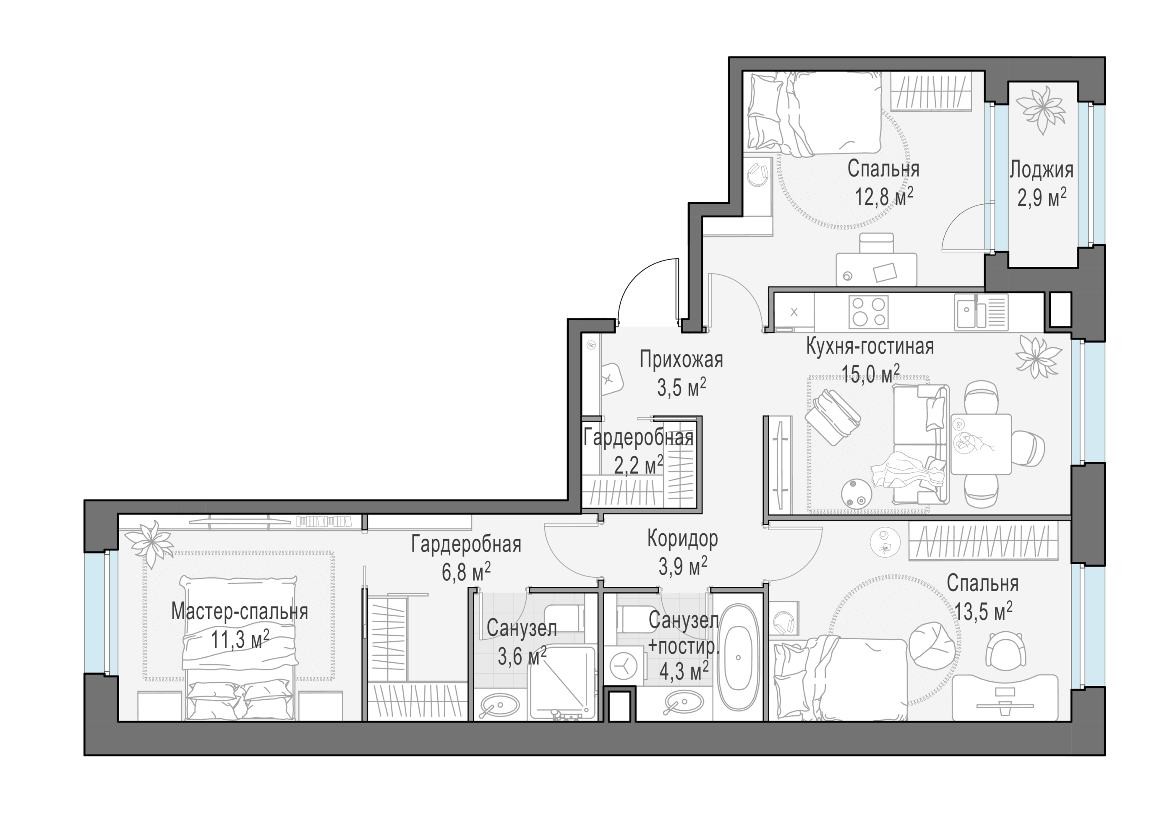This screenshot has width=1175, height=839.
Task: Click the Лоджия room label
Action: click(x=1041, y=170)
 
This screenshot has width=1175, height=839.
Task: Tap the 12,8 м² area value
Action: click(x=884, y=196)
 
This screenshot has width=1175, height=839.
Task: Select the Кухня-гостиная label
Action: click(x=870, y=347)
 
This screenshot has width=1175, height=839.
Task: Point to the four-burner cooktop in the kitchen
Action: click(x=868, y=312)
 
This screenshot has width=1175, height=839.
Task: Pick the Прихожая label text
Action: click(x=681, y=360)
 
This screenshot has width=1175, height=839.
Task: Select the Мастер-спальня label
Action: click(x=240, y=612)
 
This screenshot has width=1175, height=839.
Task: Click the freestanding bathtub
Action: click(x=737, y=658)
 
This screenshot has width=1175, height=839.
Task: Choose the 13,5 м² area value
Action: click(x=983, y=612)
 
